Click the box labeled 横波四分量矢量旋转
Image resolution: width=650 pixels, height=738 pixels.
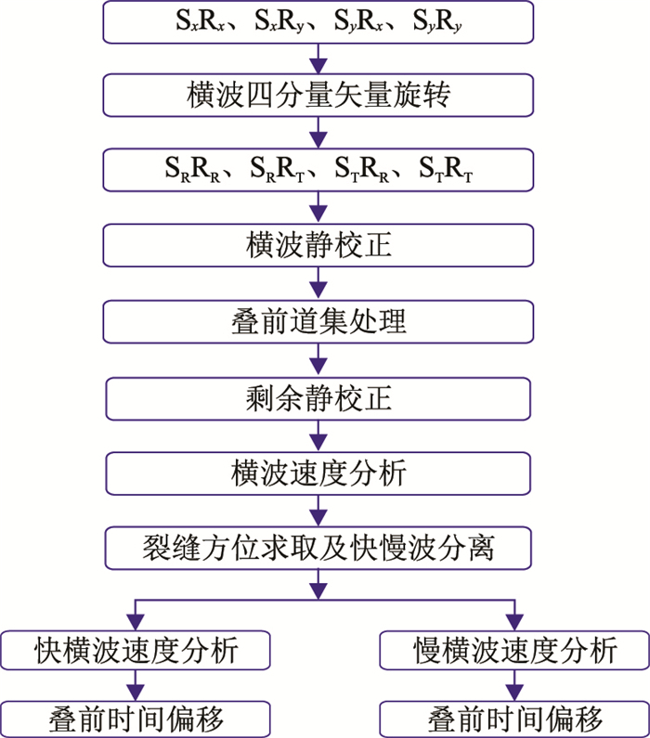point(318,95)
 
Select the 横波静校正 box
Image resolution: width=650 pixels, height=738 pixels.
point(318,245)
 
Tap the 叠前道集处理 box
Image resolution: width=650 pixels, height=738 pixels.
point(318,321)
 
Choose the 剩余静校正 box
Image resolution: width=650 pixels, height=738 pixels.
point(318,397)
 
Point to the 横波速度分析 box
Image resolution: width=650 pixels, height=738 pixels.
point(318,473)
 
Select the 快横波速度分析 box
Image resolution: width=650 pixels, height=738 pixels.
point(136,650)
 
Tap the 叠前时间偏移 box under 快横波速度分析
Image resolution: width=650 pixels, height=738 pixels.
point(136,719)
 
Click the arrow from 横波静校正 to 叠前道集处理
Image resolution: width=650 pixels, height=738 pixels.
point(318,283)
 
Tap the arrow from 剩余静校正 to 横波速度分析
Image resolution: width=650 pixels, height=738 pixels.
point(318,434)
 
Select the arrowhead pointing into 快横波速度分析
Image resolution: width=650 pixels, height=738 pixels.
point(136,623)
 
